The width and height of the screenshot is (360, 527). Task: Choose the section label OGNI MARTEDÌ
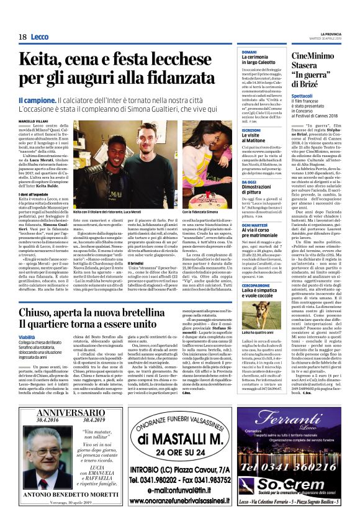pyautogui.click(x=254, y=225)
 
